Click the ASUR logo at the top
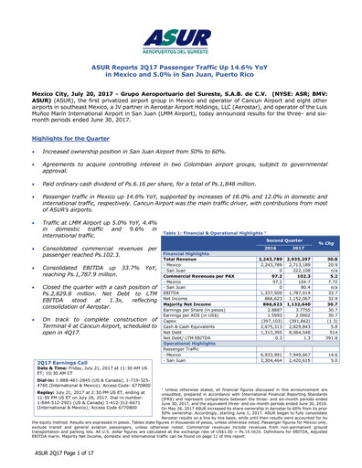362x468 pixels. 181,34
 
